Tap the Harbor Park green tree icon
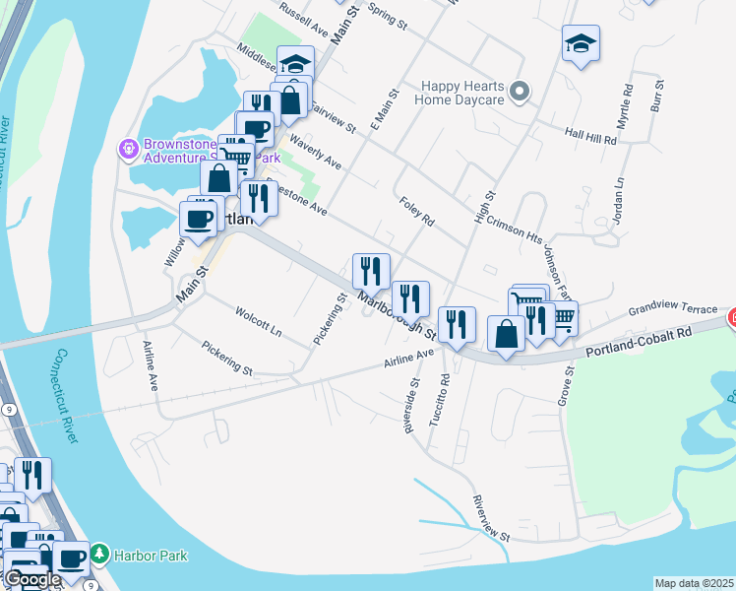97,556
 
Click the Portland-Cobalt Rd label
638,337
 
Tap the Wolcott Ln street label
259,321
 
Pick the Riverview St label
491,518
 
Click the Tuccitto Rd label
440,399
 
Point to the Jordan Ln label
619,201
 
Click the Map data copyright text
694,583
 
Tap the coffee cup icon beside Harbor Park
71,558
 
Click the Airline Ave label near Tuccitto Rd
410,358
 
